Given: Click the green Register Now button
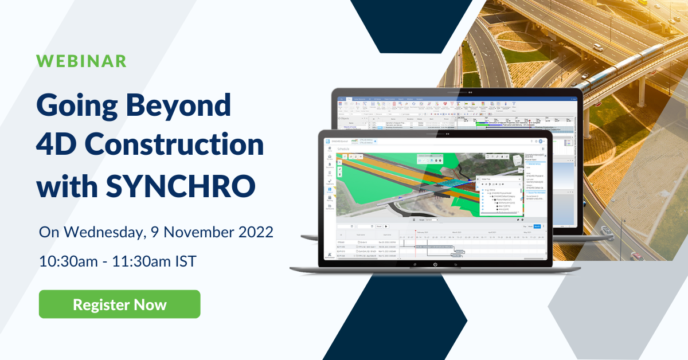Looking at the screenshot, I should pos(119,304).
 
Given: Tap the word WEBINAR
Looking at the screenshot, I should pos(81,61).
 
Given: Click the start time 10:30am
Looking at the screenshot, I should pos(66,261).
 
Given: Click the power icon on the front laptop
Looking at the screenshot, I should pos(435,265).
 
